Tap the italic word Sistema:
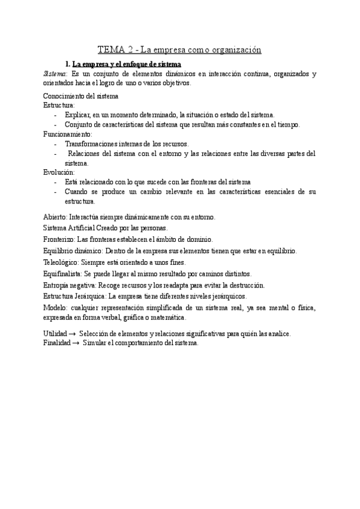[x=56, y=73]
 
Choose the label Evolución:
[x=59, y=172]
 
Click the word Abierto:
[x=56, y=217]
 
